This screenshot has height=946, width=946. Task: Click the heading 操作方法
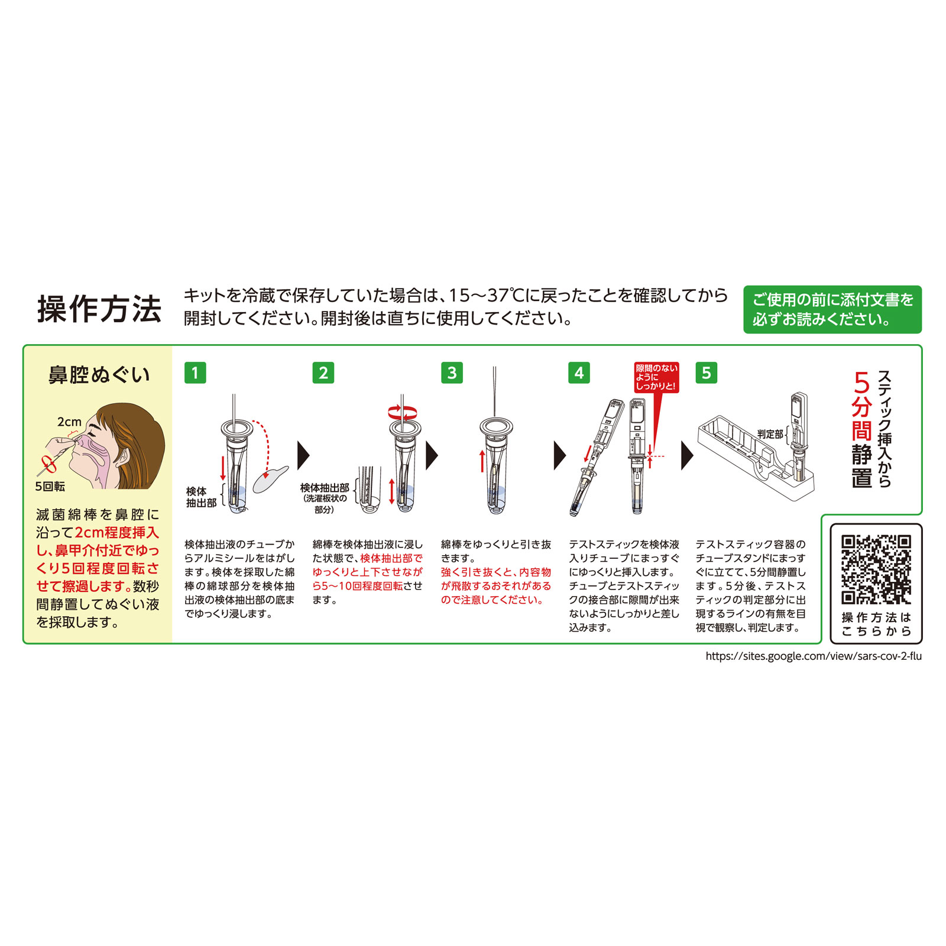tap(99, 309)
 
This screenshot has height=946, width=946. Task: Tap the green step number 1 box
tap(195, 373)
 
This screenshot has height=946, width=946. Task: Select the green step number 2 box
tap(323, 373)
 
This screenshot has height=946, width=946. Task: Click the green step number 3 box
tap(452, 373)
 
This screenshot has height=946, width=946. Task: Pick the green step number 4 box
tap(579, 373)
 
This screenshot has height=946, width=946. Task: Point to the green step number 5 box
tap(706, 373)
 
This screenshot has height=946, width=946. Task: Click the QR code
tap(876, 569)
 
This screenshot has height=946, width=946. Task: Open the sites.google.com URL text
tap(813, 656)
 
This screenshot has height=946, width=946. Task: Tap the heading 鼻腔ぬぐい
tap(99, 375)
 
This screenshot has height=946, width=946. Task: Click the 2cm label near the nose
tap(69, 422)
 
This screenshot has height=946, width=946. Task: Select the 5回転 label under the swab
tap(50, 487)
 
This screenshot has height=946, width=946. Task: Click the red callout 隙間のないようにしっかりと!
tap(656, 377)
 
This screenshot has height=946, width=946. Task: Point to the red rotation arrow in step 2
tap(402, 412)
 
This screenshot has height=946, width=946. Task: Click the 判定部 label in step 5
tap(770, 434)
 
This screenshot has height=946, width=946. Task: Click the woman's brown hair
tap(142, 438)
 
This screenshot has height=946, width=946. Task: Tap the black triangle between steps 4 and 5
tap(687, 455)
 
